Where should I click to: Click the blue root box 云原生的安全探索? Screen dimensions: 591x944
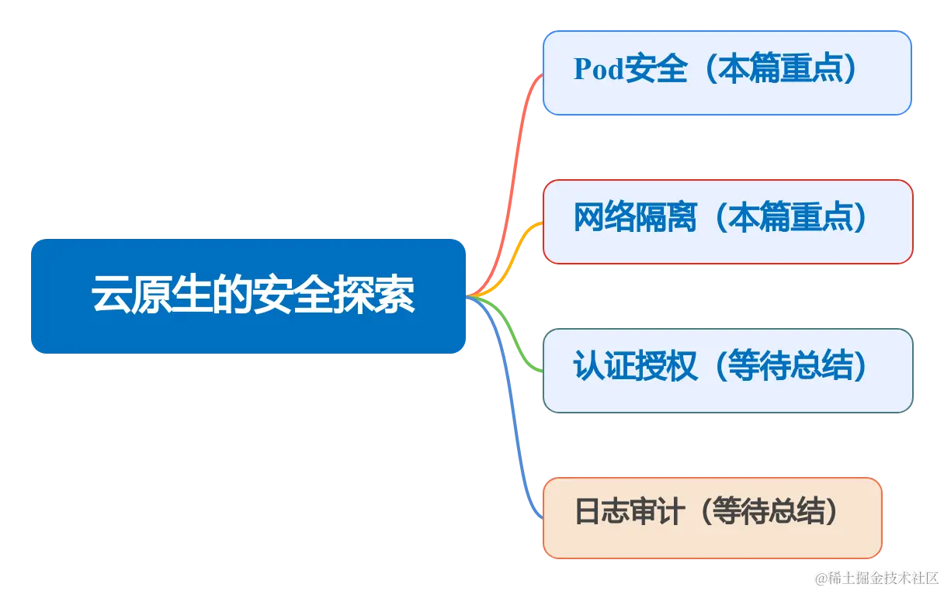pos(248,295)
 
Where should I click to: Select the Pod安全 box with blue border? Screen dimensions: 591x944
pos(727,73)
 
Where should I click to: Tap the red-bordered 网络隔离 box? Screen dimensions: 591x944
pos(727,222)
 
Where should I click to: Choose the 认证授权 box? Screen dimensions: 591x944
pos(727,370)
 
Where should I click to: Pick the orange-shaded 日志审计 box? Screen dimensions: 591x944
pos(712,517)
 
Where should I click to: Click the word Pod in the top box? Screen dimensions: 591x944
pos(599,70)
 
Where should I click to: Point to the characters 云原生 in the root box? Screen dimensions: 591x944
pos(132,295)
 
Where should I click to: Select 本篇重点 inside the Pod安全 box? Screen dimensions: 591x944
pos(786,70)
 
